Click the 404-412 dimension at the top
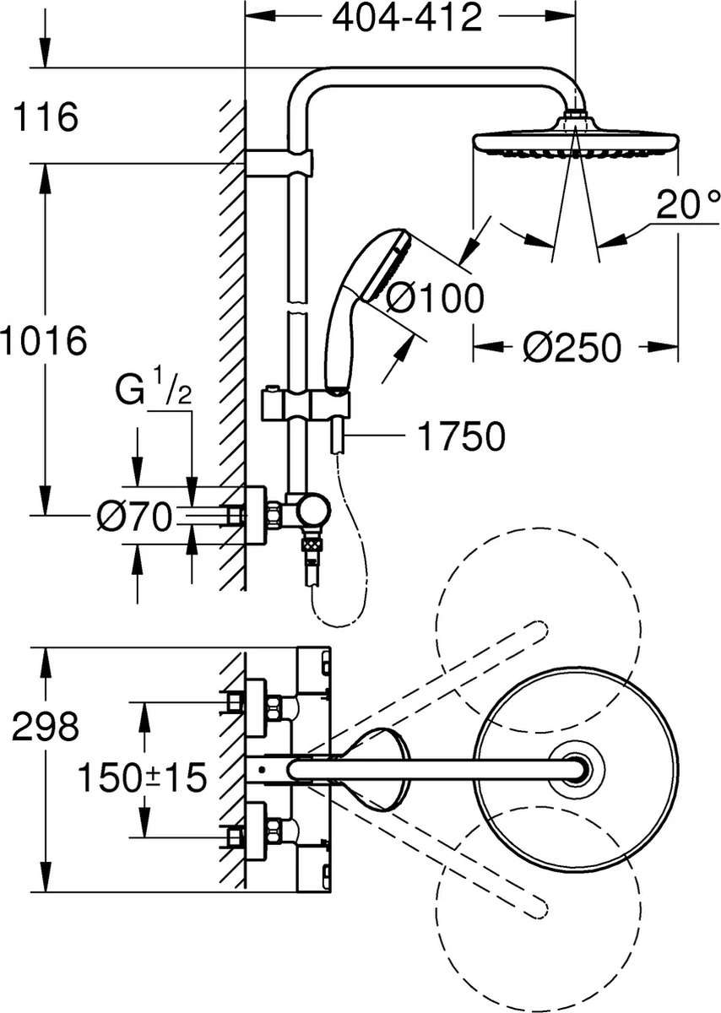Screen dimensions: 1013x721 click(x=407, y=19)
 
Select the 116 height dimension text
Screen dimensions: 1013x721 click(x=46, y=116)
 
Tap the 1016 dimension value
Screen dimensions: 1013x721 click(x=44, y=341)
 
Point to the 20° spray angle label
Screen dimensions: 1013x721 click(x=689, y=206)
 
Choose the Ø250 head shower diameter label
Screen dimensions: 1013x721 click(x=572, y=346)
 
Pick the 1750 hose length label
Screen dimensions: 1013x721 click(x=461, y=436)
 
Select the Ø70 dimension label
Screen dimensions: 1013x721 click(x=134, y=516)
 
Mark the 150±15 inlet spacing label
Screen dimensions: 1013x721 click(x=142, y=777)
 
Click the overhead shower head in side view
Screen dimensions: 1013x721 click(x=575, y=140)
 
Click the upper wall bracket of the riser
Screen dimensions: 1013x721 click(x=279, y=162)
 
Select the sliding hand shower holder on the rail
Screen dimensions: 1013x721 click(x=304, y=403)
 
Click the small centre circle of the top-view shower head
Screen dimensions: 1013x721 click(x=577, y=769)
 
